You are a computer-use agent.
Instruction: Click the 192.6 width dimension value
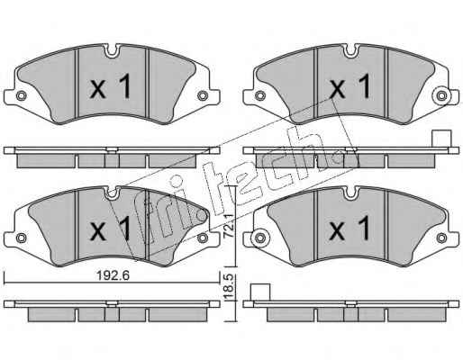click(x=113, y=275)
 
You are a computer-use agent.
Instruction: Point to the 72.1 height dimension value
click(x=229, y=226)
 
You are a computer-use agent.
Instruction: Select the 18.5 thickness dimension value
click(x=229, y=287)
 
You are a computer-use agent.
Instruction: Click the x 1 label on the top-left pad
click(x=111, y=86)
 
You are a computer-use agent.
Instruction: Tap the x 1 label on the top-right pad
click(x=350, y=86)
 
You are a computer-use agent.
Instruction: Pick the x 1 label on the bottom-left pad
click(x=111, y=229)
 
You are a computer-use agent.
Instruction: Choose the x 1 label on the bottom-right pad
click(x=350, y=229)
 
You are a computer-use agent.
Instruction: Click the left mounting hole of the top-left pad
click(x=21, y=95)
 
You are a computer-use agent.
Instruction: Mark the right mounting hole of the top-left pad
click(x=203, y=95)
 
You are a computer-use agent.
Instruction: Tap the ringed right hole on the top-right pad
click(x=441, y=96)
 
